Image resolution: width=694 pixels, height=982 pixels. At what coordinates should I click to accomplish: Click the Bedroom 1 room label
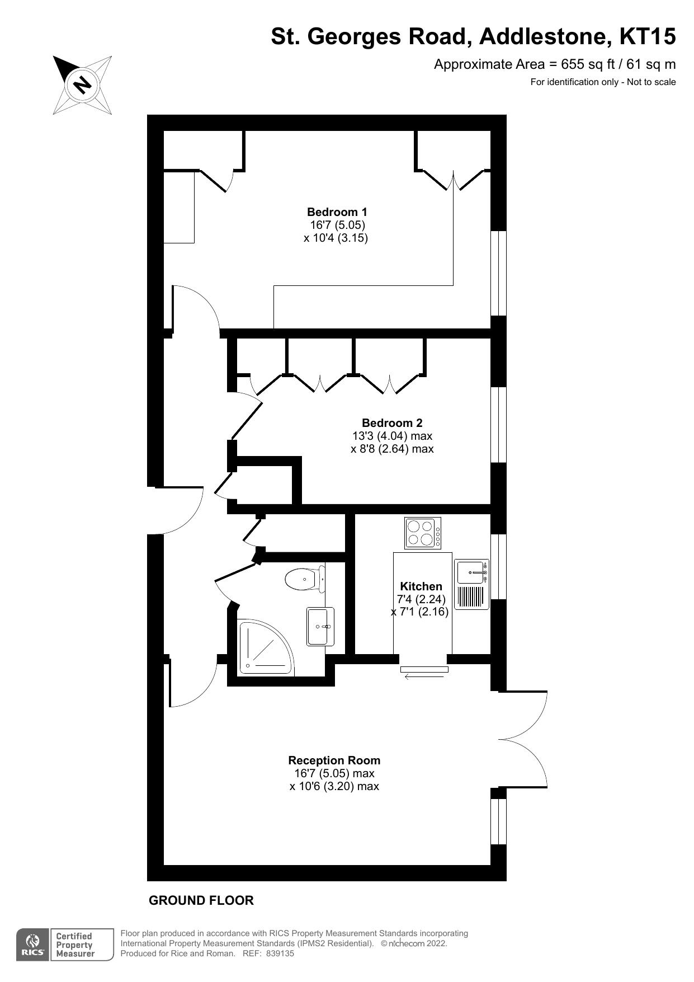(337, 212)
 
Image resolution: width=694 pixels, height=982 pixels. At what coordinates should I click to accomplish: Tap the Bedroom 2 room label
(391, 423)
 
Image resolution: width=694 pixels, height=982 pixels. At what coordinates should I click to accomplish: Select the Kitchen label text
(421, 586)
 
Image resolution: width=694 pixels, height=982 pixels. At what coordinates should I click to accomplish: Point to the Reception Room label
(334, 760)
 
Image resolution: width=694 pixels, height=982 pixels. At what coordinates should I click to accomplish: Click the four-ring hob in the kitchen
(423, 533)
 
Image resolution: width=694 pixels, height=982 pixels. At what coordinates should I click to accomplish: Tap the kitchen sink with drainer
(471, 584)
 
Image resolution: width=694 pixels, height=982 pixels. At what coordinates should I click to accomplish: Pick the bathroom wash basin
(320, 627)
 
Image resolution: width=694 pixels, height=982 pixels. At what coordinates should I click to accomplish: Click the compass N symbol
(82, 85)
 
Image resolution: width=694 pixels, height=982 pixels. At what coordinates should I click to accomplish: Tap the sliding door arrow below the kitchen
(424, 677)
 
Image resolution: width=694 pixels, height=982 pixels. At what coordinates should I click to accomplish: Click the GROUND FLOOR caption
(201, 900)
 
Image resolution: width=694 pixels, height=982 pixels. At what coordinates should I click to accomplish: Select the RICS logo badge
(32, 945)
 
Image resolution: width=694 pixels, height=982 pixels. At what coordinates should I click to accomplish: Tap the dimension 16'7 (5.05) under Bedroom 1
(337, 225)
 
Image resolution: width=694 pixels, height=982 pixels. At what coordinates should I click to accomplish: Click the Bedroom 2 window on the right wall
(498, 424)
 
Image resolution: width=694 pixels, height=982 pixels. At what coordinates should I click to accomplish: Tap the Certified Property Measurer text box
(74, 945)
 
